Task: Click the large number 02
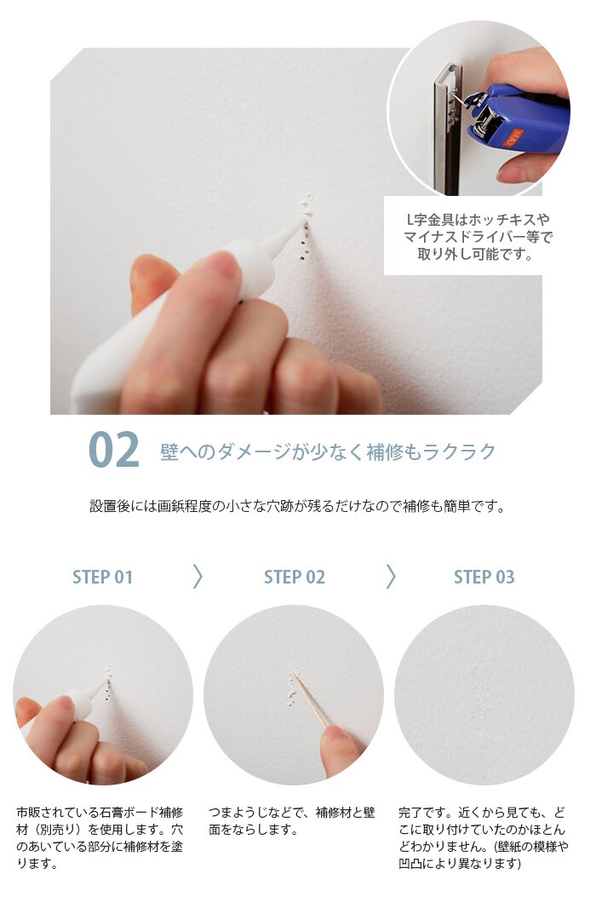click(114, 450)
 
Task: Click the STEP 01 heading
click(103, 578)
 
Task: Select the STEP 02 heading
click(295, 578)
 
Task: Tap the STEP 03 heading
click(484, 578)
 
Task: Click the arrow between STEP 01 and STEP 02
click(198, 577)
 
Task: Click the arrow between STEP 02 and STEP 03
click(391, 577)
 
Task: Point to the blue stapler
click(516, 118)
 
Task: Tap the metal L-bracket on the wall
click(450, 129)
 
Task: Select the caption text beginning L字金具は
click(478, 237)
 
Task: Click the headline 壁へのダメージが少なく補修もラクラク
click(328, 451)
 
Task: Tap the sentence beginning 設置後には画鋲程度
click(297, 506)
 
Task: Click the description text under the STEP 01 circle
click(100, 838)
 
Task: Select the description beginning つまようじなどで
click(291, 821)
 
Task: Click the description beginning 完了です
click(483, 838)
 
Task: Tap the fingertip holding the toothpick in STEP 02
click(337, 733)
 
